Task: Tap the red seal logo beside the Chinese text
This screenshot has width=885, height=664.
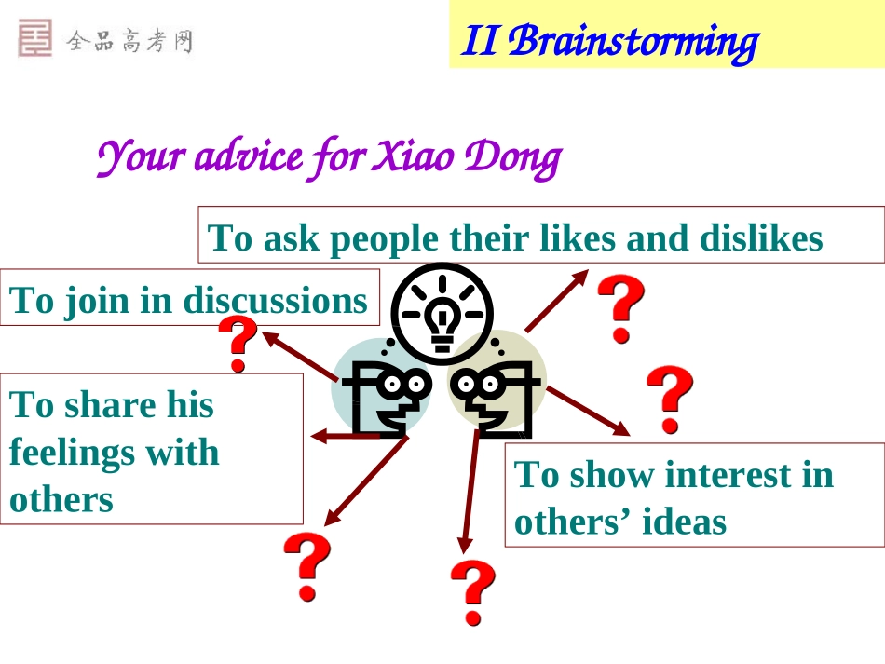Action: click(35, 40)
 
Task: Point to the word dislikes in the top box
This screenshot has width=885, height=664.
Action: click(761, 239)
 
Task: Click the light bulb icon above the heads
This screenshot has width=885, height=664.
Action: click(442, 312)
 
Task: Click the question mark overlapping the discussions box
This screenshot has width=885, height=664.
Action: click(238, 344)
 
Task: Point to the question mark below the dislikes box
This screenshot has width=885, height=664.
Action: click(619, 307)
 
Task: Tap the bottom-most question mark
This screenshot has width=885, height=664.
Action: click(473, 591)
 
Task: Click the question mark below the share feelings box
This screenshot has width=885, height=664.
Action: click(307, 566)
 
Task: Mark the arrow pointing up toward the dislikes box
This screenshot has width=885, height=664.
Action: click(557, 300)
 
